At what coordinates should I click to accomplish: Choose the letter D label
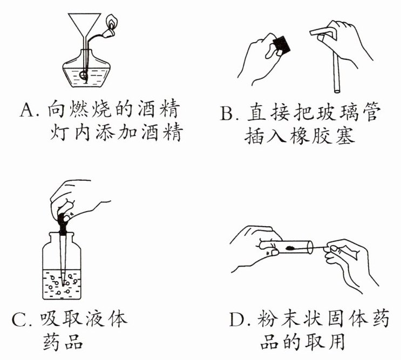pos(237,320)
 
